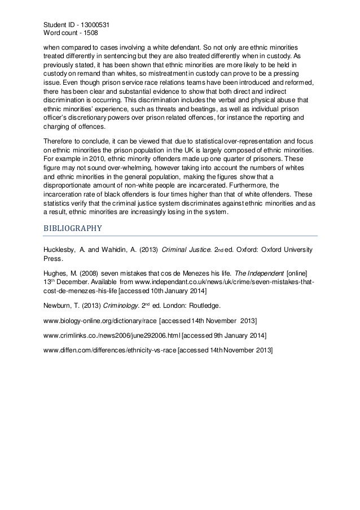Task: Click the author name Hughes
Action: click(56, 273)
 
